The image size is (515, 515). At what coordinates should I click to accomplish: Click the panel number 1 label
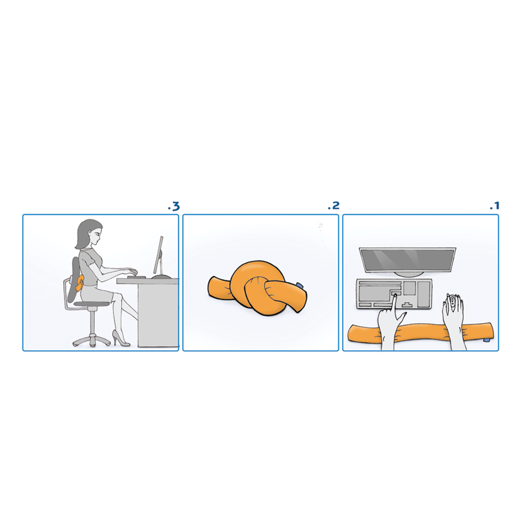494,206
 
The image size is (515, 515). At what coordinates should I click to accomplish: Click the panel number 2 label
333,206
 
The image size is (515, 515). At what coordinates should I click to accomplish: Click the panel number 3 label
174,206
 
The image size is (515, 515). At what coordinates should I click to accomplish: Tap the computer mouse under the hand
453,303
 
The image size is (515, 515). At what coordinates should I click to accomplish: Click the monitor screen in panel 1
408,260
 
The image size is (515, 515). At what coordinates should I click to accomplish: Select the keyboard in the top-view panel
394,294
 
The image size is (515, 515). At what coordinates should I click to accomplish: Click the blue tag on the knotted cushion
300,285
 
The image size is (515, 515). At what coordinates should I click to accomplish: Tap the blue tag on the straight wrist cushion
487,340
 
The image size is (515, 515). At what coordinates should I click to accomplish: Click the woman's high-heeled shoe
121,338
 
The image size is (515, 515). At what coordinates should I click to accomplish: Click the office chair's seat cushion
91,304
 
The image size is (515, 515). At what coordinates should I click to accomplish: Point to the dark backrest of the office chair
74,279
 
